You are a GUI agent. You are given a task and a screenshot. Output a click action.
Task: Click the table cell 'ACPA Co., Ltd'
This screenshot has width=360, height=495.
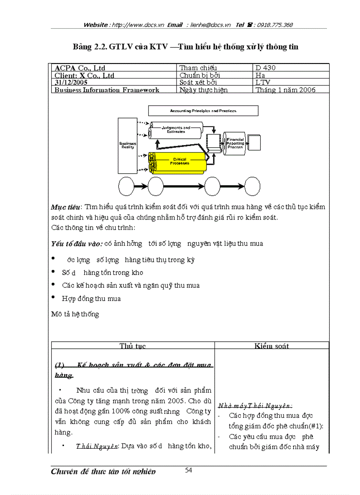pyautogui.click(x=79, y=68)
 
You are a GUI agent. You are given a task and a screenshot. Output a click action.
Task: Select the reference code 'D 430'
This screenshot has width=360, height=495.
pyautogui.click(x=265, y=68)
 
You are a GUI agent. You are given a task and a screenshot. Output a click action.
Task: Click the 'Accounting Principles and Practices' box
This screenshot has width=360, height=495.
pyautogui.click(x=203, y=111)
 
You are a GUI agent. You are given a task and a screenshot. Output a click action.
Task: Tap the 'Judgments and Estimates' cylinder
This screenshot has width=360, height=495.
pyautogui.click(x=176, y=130)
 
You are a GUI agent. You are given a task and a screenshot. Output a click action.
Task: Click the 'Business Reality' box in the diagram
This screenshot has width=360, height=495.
pyautogui.click(x=127, y=145)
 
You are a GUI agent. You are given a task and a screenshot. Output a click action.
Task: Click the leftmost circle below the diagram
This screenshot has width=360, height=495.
pyautogui.click(x=124, y=186)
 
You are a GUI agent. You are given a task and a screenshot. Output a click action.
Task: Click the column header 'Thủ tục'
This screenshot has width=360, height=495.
pyautogui.click(x=133, y=346)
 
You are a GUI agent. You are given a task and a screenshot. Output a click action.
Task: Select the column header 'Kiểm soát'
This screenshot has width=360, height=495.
pyautogui.click(x=271, y=346)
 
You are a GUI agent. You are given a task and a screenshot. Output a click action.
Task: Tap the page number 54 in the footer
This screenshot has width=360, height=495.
pyautogui.click(x=188, y=470)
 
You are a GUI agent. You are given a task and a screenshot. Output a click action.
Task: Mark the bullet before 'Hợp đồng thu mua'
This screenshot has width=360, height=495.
pyautogui.click(x=53, y=298)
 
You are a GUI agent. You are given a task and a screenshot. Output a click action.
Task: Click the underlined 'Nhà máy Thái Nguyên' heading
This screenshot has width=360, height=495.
pyautogui.click(x=255, y=406)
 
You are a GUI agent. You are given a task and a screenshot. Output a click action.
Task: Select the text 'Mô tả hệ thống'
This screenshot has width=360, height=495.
pyautogui.click(x=75, y=314)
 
